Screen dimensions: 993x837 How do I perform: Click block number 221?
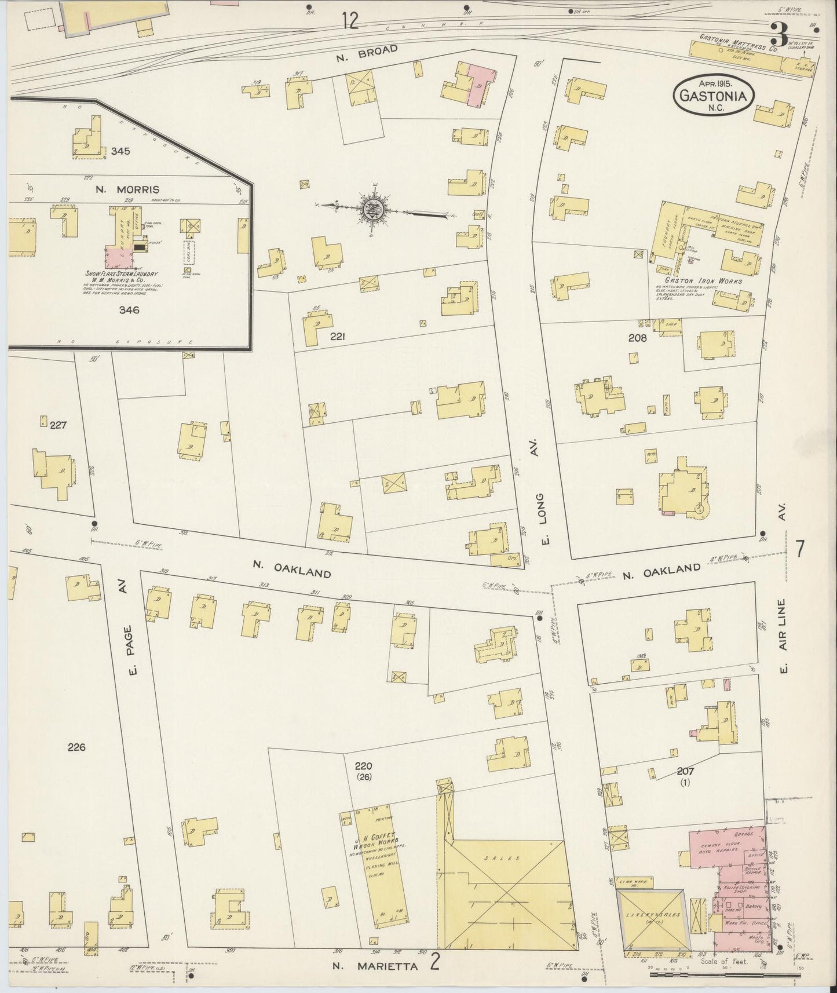click(x=338, y=335)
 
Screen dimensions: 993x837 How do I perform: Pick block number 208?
click(x=636, y=337)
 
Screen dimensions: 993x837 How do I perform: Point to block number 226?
click(x=76, y=747)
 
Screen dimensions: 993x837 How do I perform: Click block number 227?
click(x=58, y=425)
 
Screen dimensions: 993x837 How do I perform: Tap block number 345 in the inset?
click(x=120, y=151)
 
